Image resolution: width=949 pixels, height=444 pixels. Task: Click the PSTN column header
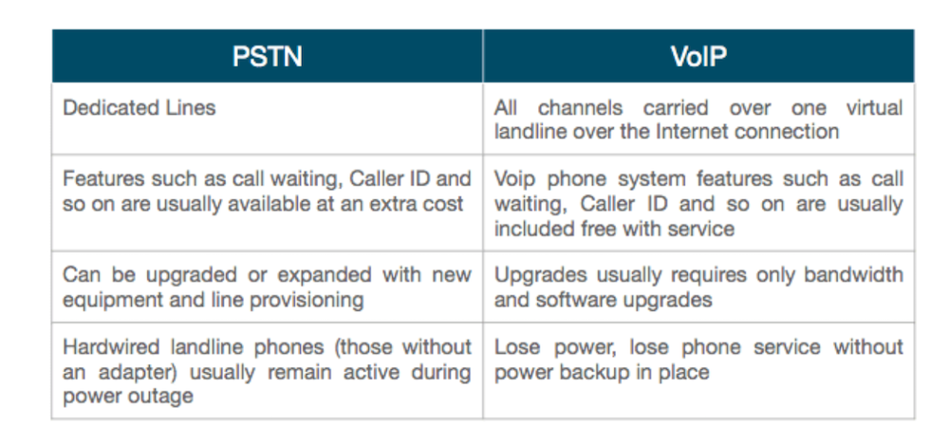click(x=267, y=57)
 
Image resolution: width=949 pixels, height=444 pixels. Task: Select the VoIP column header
click(x=698, y=57)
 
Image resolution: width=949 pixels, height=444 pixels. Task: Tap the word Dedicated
click(x=102, y=107)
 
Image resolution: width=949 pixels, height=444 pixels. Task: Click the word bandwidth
click(x=853, y=275)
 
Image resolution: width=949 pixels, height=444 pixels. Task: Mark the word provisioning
click(x=307, y=300)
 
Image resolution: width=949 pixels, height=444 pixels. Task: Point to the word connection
click(x=781, y=131)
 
